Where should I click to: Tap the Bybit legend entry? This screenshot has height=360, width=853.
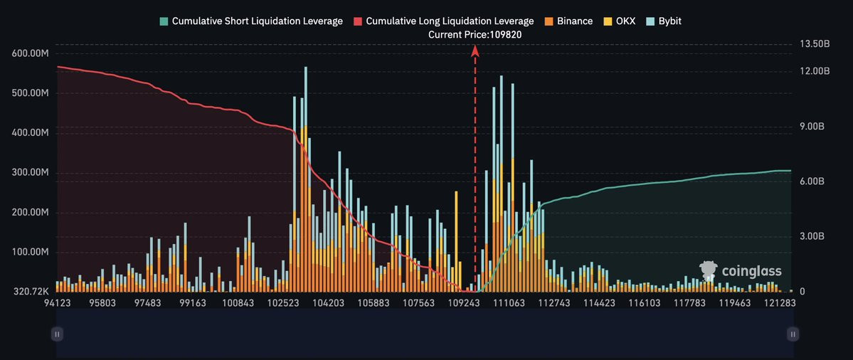pos(662,21)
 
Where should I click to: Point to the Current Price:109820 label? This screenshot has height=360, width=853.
pos(475,34)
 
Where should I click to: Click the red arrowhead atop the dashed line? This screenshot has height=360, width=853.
pos(475,50)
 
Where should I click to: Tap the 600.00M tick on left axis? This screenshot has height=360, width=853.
pos(29,53)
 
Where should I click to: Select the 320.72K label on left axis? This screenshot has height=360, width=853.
pos(29,292)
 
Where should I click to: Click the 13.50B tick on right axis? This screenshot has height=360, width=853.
pos(815,44)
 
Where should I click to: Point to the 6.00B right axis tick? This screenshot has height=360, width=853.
pos(812,181)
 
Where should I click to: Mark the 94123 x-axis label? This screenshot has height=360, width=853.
pos(57,302)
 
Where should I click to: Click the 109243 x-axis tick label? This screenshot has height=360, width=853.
pos(464,302)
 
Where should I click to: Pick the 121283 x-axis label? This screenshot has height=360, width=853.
pos(781,302)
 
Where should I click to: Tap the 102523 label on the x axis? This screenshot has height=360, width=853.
pos(283,302)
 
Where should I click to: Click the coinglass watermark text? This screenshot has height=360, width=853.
pos(751,271)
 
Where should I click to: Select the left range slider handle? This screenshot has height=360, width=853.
pos(57,333)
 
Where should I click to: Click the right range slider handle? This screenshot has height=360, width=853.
pos(793,333)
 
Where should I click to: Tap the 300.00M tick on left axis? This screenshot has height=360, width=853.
pos(29,173)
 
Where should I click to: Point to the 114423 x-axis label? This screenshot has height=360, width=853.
pos(600,302)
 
